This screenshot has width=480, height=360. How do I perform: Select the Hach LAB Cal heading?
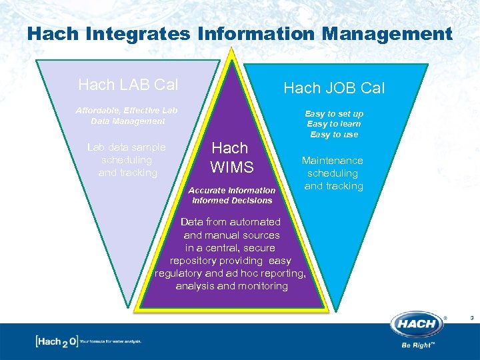coord(128,85)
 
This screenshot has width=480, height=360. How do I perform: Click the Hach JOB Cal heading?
coord(334,88)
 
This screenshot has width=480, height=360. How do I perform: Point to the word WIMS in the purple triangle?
coord(231,167)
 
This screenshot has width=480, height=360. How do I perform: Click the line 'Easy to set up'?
coord(334,114)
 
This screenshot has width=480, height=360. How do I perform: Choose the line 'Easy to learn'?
coord(334,124)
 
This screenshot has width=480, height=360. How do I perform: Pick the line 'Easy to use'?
coord(334,135)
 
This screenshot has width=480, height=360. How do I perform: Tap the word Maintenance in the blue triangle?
coord(333,161)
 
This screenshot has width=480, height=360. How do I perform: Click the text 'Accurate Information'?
coord(233,190)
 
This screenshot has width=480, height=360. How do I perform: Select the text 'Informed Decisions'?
coord(232,200)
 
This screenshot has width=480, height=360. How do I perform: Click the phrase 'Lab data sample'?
coord(127,147)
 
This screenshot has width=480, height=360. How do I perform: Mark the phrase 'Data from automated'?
coord(231,222)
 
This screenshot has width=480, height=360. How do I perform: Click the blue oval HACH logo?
coord(417,325)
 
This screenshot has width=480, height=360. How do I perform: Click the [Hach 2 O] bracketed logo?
coord(56,341)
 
